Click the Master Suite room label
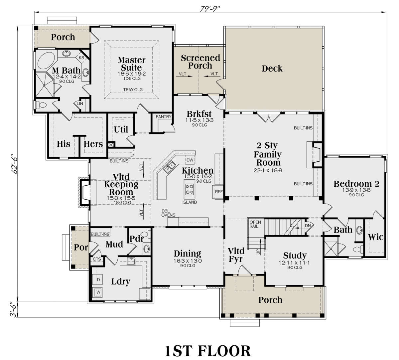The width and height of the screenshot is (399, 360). [x=131, y=64]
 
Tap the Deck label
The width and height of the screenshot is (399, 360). [x=272, y=69]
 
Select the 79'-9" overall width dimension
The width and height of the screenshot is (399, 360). [x=210, y=9]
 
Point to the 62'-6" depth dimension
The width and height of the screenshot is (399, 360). [x=15, y=164]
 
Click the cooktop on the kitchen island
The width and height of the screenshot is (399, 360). [x=189, y=189]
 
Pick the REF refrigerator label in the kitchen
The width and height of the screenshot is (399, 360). [x=219, y=192]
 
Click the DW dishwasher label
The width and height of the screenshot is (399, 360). [x=190, y=160]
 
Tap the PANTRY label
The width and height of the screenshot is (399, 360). [x=163, y=117]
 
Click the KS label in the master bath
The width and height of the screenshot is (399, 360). [x=81, y=58]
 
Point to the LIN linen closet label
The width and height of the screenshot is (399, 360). [x=80, y=103]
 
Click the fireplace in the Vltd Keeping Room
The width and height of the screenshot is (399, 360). [x=84, y=192]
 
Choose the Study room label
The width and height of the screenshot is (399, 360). [x=295, y=256]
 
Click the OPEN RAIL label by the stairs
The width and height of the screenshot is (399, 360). [x=255, y=224]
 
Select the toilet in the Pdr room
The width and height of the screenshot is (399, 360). [x=147, y=234]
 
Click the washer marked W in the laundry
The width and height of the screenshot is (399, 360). [x=98, y=292]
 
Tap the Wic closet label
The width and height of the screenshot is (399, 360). [x=375, y=237]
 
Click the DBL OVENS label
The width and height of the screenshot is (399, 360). [x=168, y=213]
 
